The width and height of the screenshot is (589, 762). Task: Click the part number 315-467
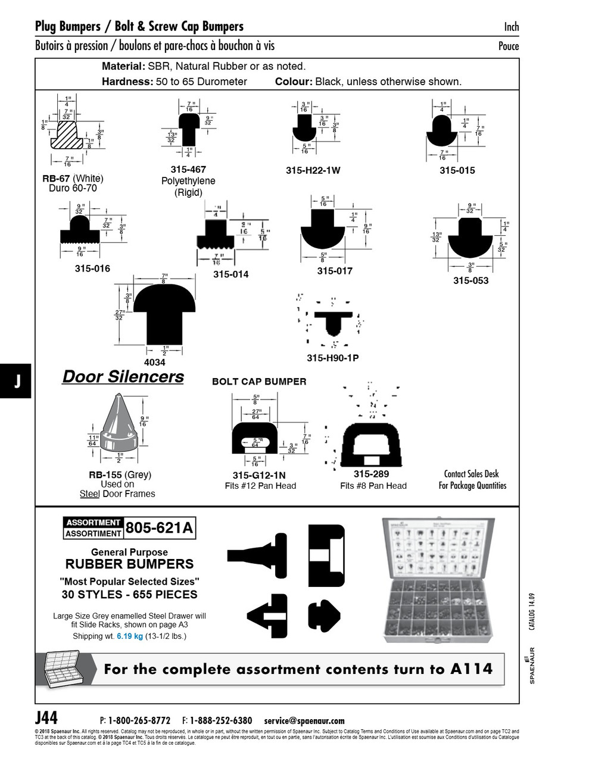point(188,170)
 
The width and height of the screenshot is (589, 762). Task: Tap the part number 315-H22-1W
point(313,170)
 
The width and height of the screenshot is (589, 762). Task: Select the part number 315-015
point(457,170)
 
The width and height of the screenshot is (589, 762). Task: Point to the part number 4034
point(155,362)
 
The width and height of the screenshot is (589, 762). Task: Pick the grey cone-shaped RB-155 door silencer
point(119,425)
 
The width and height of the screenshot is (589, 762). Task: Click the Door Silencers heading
point(123,377)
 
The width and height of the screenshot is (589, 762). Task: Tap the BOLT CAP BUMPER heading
point(259,382)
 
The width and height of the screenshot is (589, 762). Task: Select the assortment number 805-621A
point(160,527)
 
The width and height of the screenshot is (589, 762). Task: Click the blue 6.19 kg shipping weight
point(130,636)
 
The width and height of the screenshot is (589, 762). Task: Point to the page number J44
point(46,717)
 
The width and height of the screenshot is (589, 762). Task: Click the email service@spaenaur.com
point(304,720)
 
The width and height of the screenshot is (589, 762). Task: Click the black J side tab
point(17,382)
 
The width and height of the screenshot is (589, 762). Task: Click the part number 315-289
point(371,474)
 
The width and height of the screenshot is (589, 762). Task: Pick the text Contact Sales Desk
point(472,474)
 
